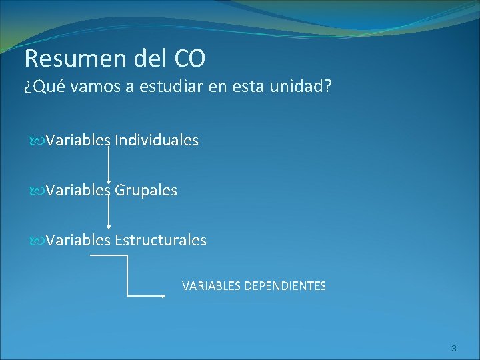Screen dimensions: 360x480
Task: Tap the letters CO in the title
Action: coord(190,59)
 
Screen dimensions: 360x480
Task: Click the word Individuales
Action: coord(157,140)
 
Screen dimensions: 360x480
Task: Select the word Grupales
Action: coord(146,190)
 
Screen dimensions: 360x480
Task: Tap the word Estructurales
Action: coord(161,240)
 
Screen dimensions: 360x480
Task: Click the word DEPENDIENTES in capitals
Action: coord(285,286)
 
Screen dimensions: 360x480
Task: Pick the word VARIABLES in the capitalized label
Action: coord(212,286)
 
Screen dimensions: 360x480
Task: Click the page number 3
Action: coord(453,348)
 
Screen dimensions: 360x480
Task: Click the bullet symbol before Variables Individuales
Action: coord(35,141)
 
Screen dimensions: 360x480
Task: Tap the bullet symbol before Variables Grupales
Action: coord(35,191)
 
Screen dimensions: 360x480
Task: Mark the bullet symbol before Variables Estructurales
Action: coord(35,241)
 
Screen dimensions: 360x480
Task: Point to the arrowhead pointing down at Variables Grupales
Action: coord(109,179)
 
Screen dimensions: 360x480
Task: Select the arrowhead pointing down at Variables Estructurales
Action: coord(109,229)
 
